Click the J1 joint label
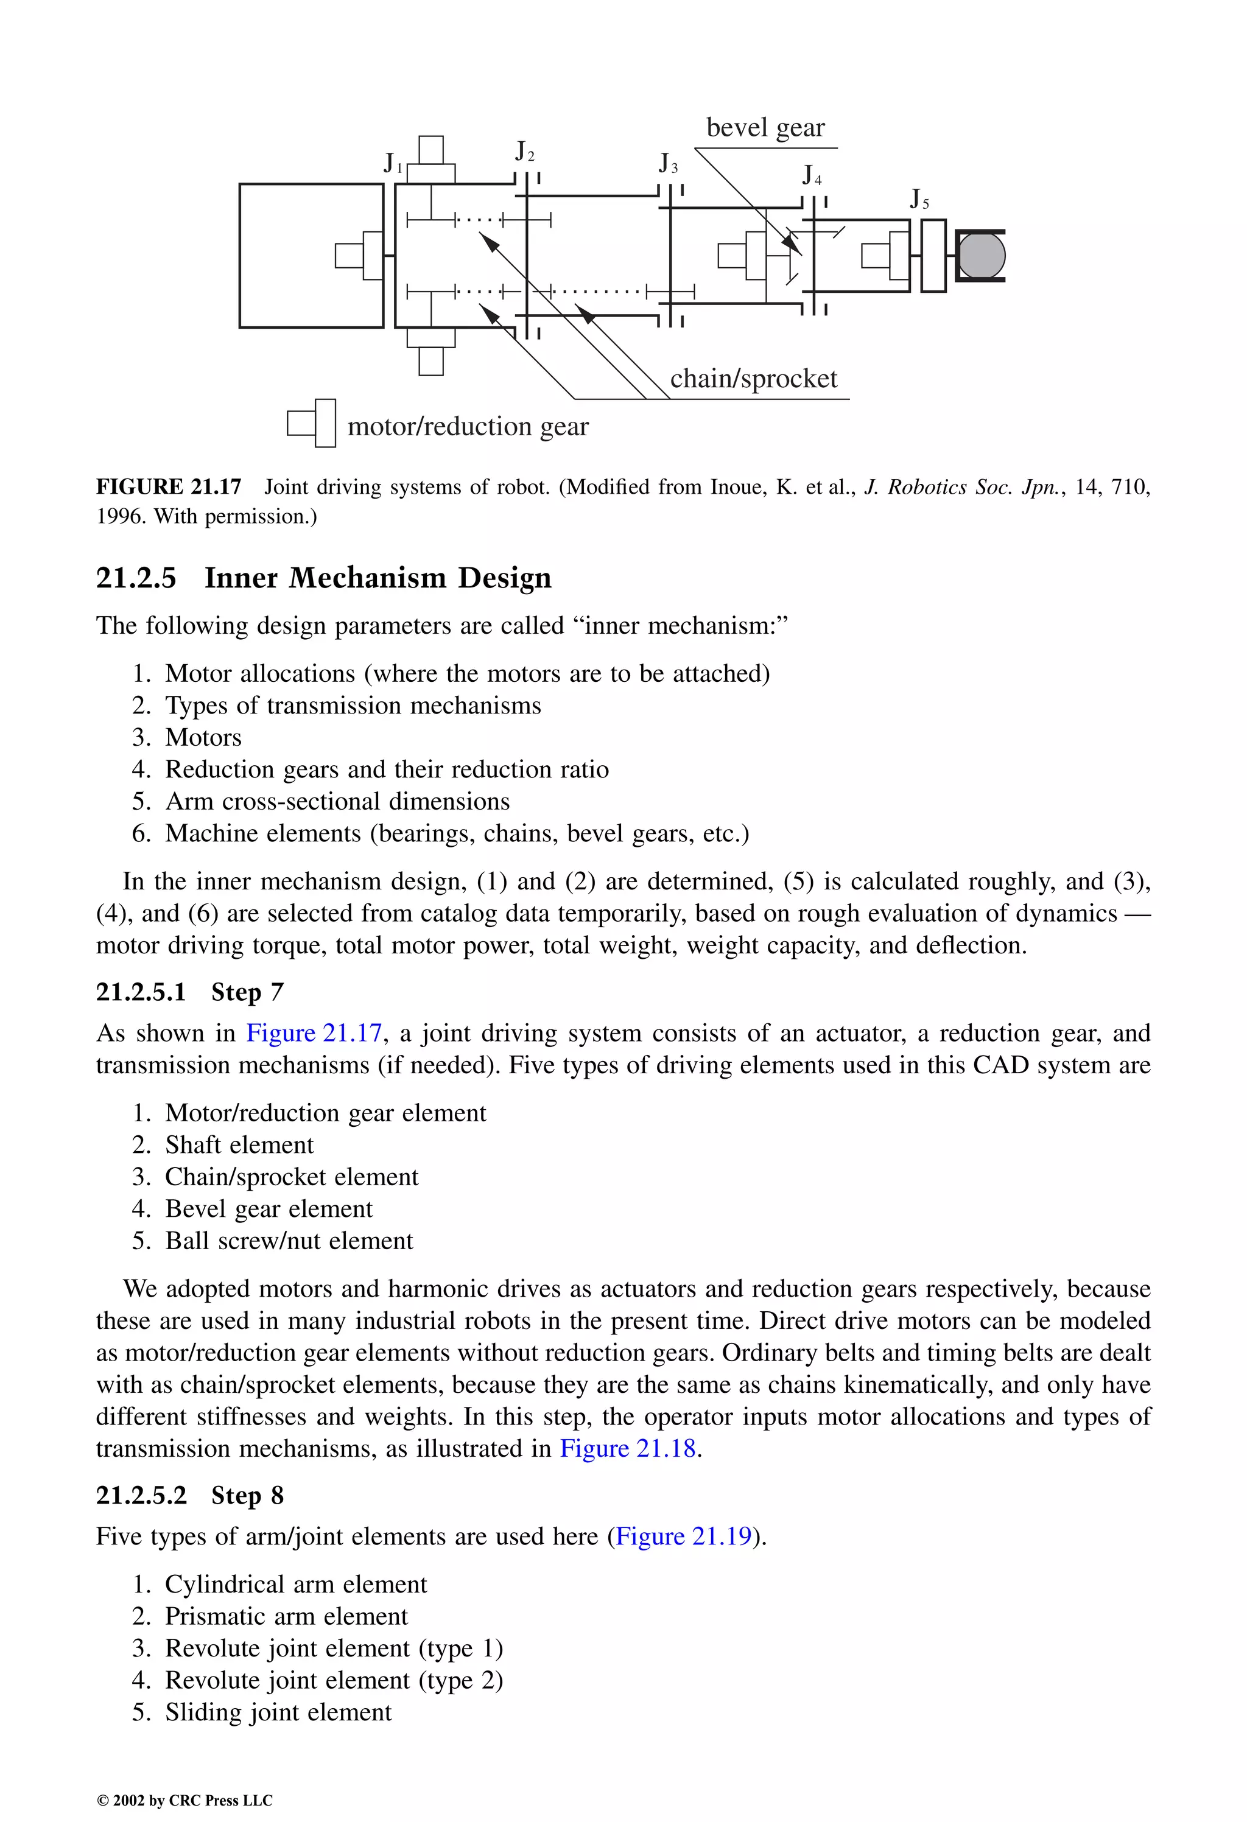[x=393, y=163]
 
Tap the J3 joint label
[x=667, y=164]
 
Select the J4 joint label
[x=812, y=175]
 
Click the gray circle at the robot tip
[x=981, y=256]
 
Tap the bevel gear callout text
[x=765, y=127]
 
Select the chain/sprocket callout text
[x=753, y=379]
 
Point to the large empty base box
[x=311, y=256]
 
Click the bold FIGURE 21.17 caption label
[x=169, y=487]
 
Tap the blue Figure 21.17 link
[x=314, y=1033]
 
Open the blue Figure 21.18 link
[x=627, y=1449]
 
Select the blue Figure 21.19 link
[x=684, y=1536]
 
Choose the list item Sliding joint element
[x=278, y=1712]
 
